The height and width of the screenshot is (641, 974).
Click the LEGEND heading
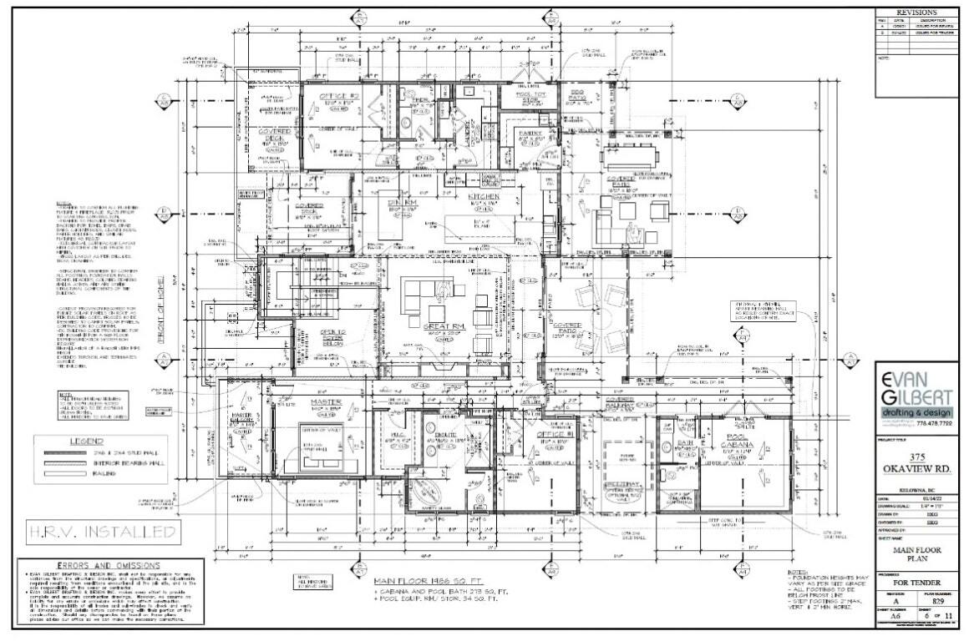(86, 441)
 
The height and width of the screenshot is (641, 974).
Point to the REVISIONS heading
(916, 13)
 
